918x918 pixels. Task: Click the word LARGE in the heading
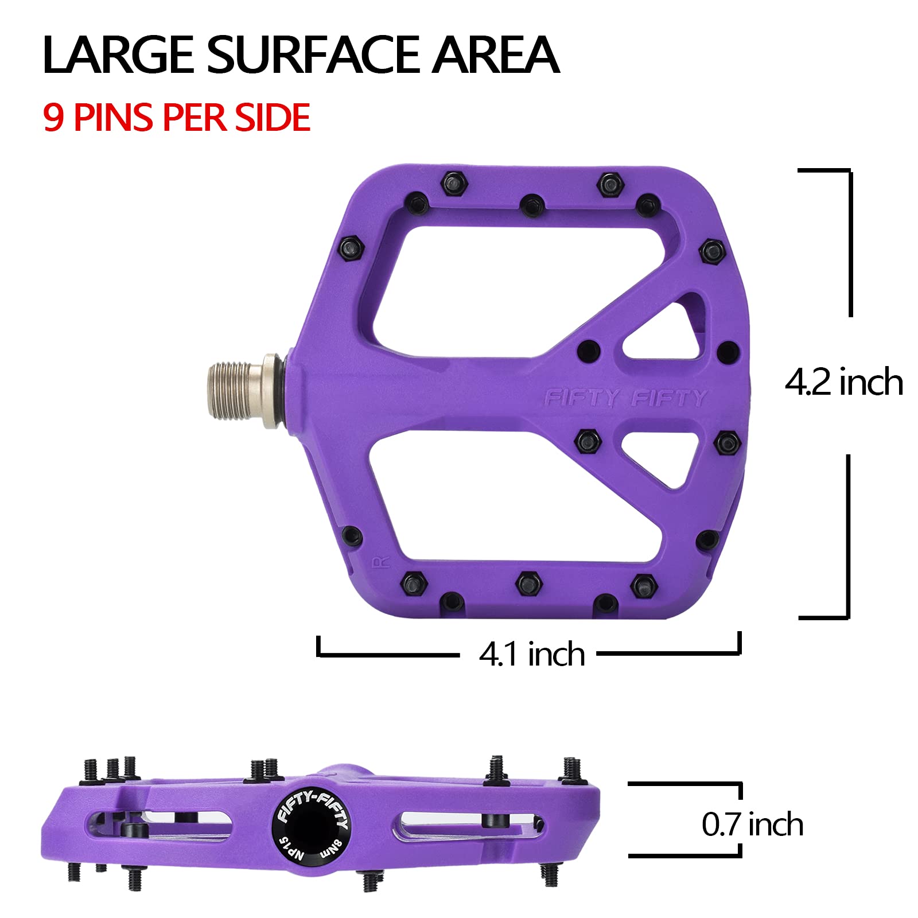coord(118,55)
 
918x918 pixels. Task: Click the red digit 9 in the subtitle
coord(53,118)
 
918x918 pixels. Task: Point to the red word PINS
coord(114,118)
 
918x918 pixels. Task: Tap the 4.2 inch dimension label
coord(843,382)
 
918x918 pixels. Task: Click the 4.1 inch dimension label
coord(531,654)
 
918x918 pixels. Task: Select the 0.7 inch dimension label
coord(752,824)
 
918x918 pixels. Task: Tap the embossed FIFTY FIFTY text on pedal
coord(625,398)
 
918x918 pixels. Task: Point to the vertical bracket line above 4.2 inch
coord(850,241)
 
